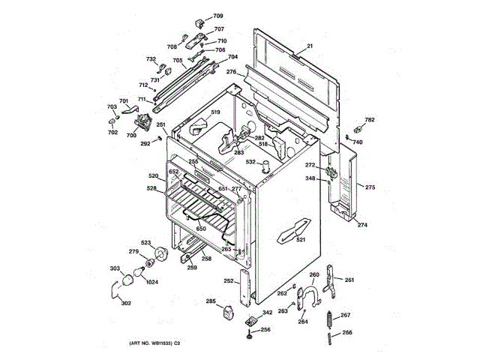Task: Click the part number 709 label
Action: pyautogui.click(x=217, y=16)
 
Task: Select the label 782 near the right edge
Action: pyautogui.click(x=369, y=120)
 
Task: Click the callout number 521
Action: pyautogui.click(x=301, y=240)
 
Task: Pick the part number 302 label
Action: pyautogui.click(x=125, y=303)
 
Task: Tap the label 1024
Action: pyautogui.click(x=152, y=282)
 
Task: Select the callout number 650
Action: pyautogui.click(x=200, y=229)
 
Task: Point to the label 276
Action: pyautogui.click(x=231, y=72)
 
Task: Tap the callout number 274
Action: pyautogui.click(x=362, y=225)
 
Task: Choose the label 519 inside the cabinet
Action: pyautogui.click(x=215, y=112)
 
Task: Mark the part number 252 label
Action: pyautogui.click(x=228, y=281)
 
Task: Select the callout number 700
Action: pyautogui.click(x=131, y=135)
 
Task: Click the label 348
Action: pyautogui.click(x=310, y=178)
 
